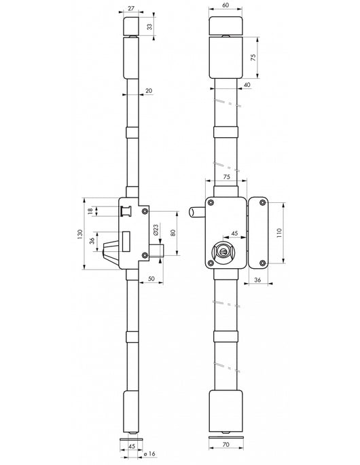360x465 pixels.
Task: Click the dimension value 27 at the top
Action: coord(131,8)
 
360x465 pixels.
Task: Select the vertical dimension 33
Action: coord(149,26)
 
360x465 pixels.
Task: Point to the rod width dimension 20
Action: coord(149,91)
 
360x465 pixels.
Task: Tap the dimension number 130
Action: coord(79,234)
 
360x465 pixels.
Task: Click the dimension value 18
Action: coord(90,211)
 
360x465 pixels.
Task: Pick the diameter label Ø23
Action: coord(156,230)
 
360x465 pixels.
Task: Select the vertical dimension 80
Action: coord(173,232)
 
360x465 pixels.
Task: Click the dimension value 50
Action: coord(151,279)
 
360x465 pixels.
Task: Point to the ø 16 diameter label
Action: coord(149,453)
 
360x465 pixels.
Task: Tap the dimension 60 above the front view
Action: coord(226,5)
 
